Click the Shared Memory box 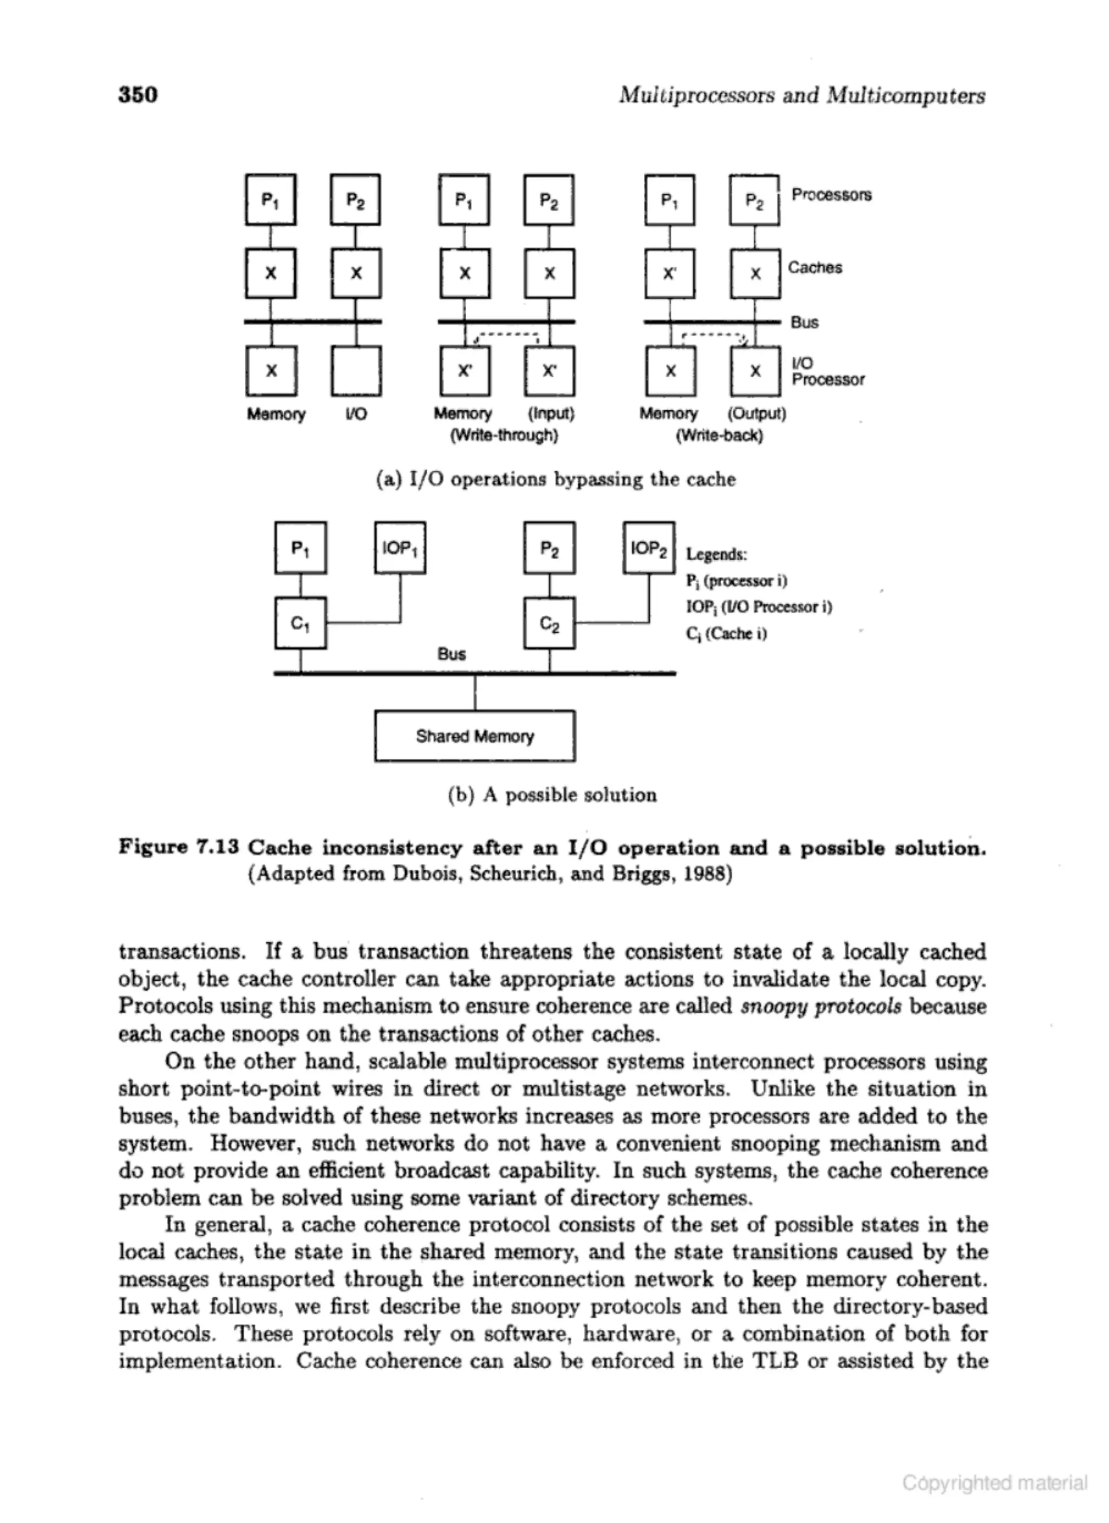tap(474, 736)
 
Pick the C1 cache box tap(300, 623)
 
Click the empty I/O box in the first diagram tap(356, 371)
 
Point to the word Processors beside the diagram tap(831, 195)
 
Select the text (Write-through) tap(504, 436)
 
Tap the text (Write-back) tap(719, 436)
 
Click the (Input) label tap(551, 413)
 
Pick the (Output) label tap(756, 413)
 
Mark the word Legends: tap(716, 555)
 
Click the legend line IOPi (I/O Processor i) tap(758, 607)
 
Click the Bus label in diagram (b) tap(452, 654)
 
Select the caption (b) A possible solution tap(551, 795)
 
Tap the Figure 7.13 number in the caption tap(179, 848)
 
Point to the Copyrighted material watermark tap(994, 1482)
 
